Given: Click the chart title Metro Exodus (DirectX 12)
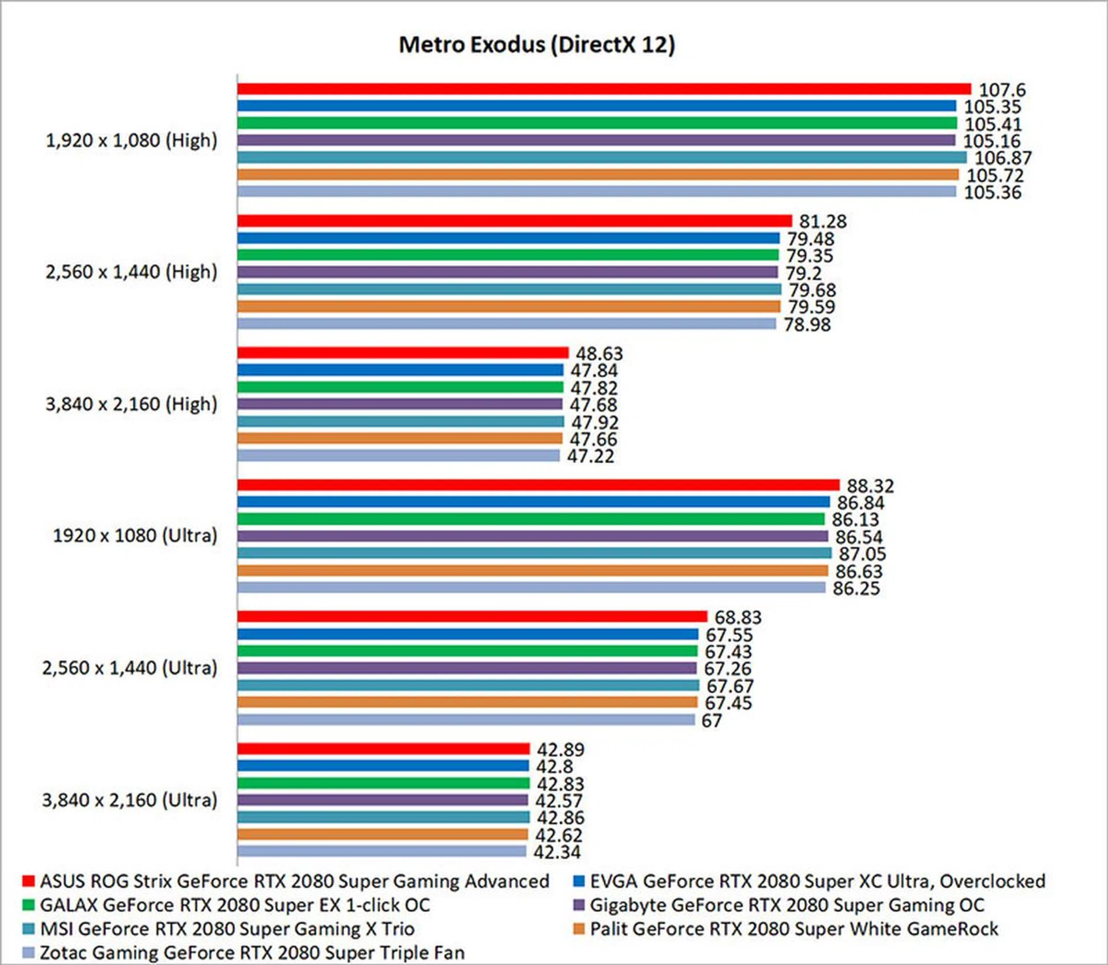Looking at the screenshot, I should click(x=537, y=45).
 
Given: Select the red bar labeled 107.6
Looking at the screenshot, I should click(x=604, y=89).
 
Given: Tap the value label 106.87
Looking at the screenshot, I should click(x=1003, y=158).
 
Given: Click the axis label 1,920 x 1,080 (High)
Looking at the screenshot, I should click(x=132, y=140).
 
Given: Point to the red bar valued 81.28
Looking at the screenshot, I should click(x=514, y=220).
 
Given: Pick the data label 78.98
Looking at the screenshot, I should click(x=807, y=324).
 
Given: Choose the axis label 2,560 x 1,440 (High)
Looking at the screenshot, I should click(x=132, y=272).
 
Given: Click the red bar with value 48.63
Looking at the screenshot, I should click(x=403, y=353).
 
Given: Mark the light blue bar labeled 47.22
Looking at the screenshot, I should click(x=398, y=456).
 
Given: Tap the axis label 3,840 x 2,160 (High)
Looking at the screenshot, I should click(x=132, y=404).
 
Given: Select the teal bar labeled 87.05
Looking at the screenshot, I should click(x=534, y=553).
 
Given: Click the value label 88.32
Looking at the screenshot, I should click(x=870, y=486).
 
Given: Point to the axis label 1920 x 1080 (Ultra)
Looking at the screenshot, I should click(x=135, y=536).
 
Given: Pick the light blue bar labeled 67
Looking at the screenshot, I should click(x=466, y=720).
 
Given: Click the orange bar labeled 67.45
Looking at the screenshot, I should click(x=467, y=702).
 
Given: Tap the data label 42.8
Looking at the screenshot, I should click(x=555, y=766).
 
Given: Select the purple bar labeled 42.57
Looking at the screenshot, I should click(x=382, y=800).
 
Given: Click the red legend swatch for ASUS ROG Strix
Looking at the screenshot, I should click(x=28, y=881).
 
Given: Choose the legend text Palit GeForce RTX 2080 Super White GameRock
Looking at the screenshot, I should click(x=793, y=929).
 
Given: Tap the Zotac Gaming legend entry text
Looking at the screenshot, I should click(x=252, y=952).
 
